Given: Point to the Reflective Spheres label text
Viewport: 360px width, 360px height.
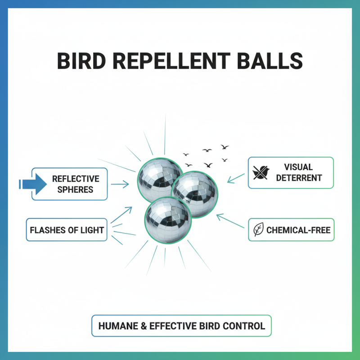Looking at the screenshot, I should coord(76,184).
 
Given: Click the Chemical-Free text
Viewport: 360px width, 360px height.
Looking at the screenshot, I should coord(298,230).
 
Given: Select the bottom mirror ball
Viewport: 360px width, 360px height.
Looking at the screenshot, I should coord(168,219).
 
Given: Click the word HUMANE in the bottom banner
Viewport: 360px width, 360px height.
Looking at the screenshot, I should coord(118,325).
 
